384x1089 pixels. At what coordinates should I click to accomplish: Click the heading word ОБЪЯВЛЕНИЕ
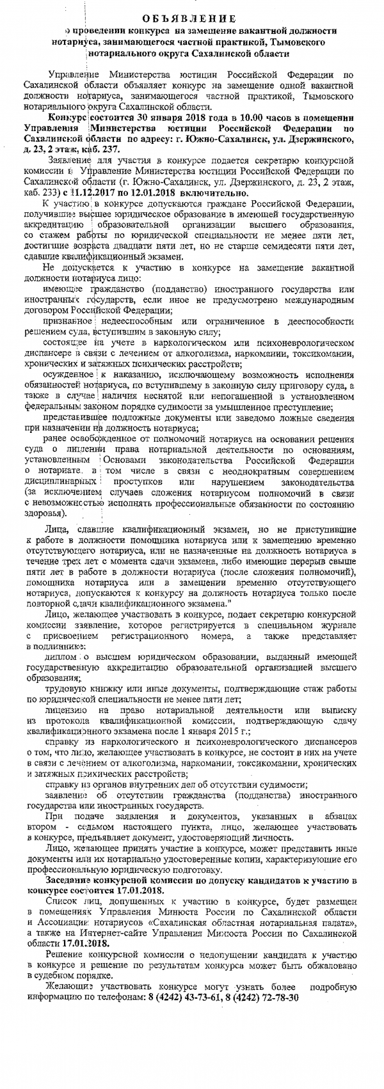[x=191, y=18]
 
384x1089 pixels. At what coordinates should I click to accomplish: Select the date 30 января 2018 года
[x=147, y=118]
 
